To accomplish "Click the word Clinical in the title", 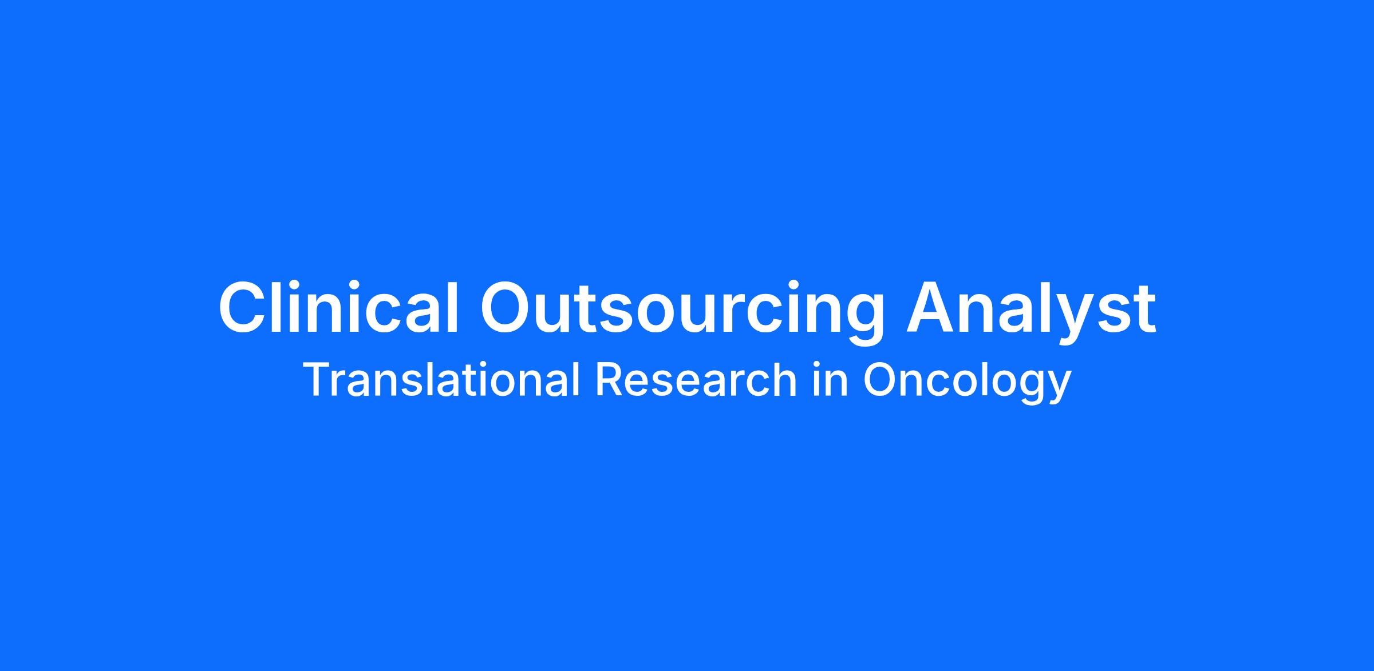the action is pos(338,306).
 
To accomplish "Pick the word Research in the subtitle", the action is pos(696,379).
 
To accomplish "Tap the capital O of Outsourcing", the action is pos(507,307).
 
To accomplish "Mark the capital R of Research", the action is pos(610,379).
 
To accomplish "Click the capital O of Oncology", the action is pos(881,379).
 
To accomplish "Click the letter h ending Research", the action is pos(785,379).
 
